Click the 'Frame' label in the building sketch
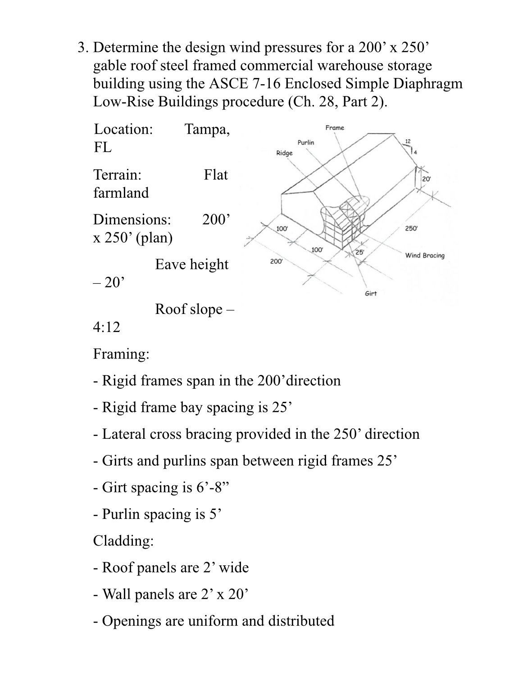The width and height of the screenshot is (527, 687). (335, 128)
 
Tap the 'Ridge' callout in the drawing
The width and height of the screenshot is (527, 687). (284, 153)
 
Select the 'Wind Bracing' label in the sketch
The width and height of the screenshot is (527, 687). (424, 255)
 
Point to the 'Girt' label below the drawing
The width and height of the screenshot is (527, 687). (370, 294)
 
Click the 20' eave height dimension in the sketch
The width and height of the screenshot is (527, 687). (426, 179)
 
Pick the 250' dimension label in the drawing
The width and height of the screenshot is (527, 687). (411, 228)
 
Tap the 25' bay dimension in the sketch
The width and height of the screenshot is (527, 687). (360, 252)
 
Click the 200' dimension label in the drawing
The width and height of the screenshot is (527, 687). (276, 261)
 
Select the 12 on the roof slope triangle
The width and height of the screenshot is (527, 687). (408, 141)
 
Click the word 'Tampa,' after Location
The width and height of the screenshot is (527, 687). (207, 129)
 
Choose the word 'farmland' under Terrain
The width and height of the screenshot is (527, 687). (121, 193)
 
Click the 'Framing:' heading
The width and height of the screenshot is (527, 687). (121, 354)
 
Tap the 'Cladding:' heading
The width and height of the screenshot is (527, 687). (123, 541)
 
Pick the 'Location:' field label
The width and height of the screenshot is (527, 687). (123, 129)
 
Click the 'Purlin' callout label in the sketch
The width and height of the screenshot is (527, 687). (306, 143)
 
